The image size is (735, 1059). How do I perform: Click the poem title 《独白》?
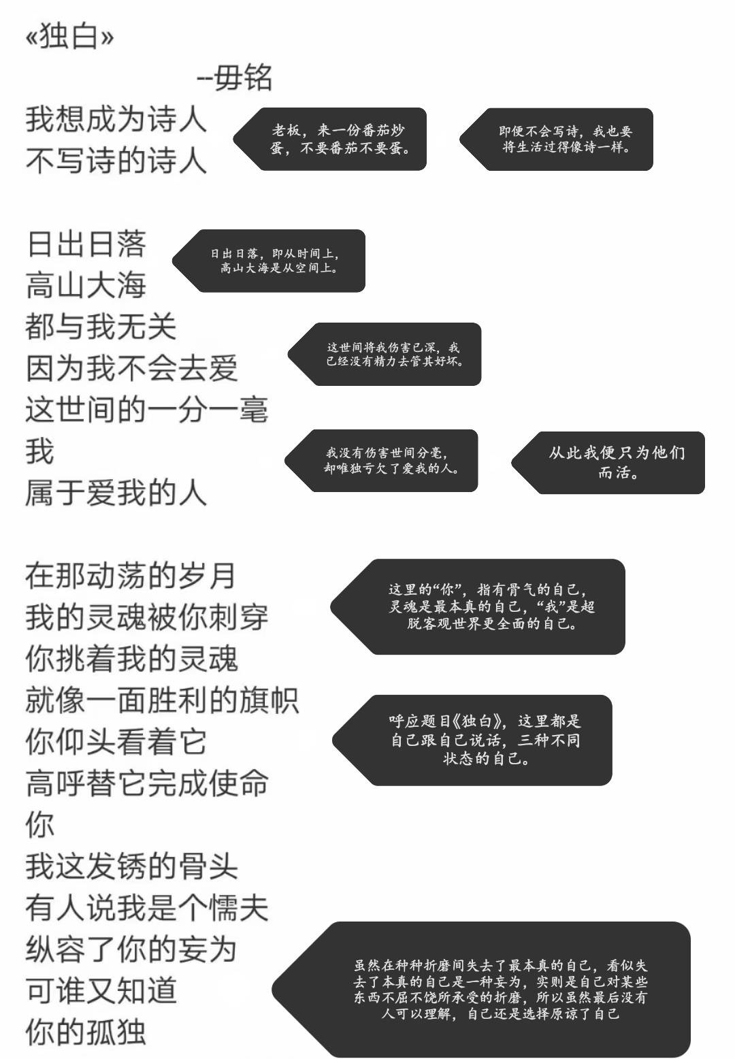[69, 36]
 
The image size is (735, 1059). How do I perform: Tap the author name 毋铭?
[242, 78]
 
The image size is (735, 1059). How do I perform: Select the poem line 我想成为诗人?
[116, 119]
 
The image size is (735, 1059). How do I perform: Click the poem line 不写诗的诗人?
[116, 161]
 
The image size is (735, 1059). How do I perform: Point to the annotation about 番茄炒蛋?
[330, 139]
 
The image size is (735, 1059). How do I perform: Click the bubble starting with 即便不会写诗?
[557, 139]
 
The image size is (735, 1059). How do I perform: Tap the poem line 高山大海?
[86, 286]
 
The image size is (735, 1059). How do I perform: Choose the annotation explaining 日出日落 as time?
[269, 261]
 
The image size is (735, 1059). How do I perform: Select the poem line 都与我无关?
[101, 327]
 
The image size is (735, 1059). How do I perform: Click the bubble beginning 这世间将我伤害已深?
[385, 354]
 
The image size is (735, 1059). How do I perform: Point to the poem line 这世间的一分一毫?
[146, 410]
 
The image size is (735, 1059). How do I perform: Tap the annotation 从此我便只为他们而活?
[608, 463]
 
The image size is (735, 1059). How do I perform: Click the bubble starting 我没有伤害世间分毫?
[381, 461]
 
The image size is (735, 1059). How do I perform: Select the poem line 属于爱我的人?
[116, 493]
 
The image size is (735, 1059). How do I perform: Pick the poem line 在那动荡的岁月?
[131, 576]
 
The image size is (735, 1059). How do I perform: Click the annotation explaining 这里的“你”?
[478, 606]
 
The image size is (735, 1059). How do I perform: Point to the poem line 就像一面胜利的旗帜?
[162, 700]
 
